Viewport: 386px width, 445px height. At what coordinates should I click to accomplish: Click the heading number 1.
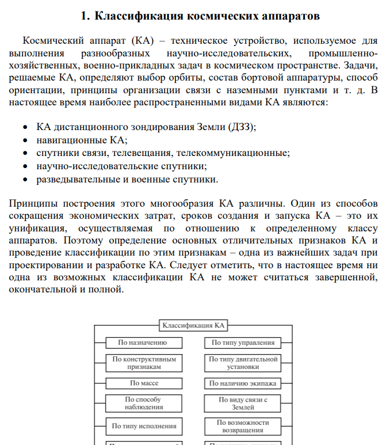click(84, 16)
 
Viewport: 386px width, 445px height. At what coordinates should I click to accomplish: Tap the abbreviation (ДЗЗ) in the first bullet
click(242, 127)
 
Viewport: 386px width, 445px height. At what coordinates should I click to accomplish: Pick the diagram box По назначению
click(143, 343)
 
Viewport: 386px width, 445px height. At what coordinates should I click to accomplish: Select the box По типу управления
click(243, 343)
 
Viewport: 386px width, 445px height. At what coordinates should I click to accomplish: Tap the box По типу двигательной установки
click(243, 363)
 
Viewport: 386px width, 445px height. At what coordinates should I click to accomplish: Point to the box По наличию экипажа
click(243, 383)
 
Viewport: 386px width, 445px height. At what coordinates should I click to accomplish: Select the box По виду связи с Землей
click(243, 403)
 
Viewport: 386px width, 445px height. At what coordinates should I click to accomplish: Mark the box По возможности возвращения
click(243, 426)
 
